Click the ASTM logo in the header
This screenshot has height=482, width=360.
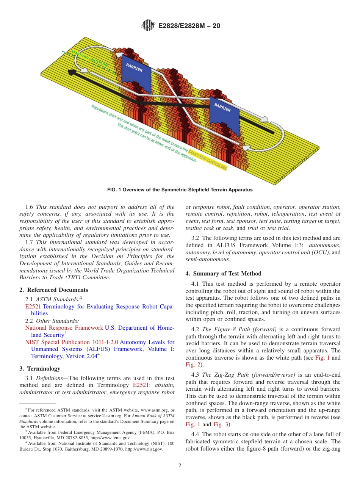pyautogui.click(x=148, y=25)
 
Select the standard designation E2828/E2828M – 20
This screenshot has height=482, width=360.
pyautogui.click(x=188, y=26)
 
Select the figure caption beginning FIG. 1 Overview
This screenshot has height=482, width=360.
pyautogui.click(x=180, y=189)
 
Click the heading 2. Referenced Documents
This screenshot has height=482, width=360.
pyautogui.click(x=54, y=290)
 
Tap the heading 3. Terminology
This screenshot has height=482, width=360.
pyautogui.click(x=40, y=368)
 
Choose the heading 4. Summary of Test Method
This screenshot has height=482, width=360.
pyautogui.click(x=223, y=273)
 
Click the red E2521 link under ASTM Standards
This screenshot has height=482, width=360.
pyautogui.click(x=33, y=307)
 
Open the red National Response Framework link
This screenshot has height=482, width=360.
pyautogui.click(x=64, y=328)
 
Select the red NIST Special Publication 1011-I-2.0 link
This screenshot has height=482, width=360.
pyautogui.click(x=72, y=342)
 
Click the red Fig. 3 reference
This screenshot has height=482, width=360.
pyautogui.click(x=221, y=424)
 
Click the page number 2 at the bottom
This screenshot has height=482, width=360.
pyautogui.click(x=180, y=466)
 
